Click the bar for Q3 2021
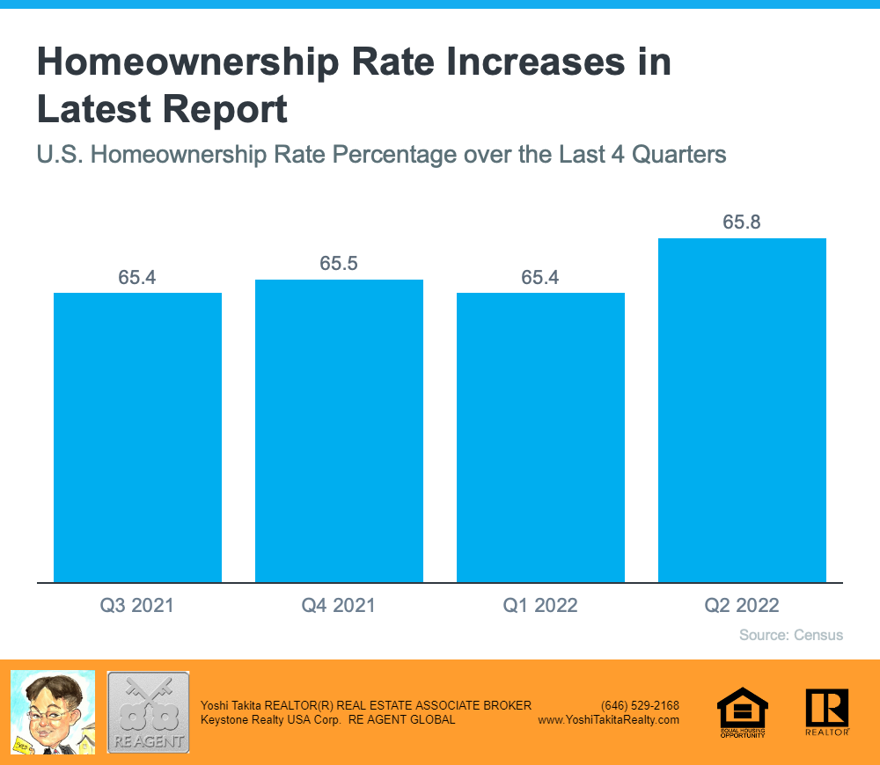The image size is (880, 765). pyautogui.click(x=137, y=437)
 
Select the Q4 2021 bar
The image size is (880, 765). pyautogui.click(x=339, y=431)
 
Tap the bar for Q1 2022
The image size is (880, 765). pyautogui.click(x=540, y=437)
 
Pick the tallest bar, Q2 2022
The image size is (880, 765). pyautogui.click(x=742, y=410)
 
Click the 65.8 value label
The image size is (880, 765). pyautogui.click(x=742, y=222)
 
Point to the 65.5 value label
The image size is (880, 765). pyautogui.click(x=339, y=264)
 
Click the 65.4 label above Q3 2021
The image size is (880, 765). pyautogui.click(x=137, y=278)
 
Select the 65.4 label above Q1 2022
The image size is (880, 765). pyautogui.click(x=540, y=278)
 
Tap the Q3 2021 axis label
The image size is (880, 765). pyautogui.click(x=137, y=605)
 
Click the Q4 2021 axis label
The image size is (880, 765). pyautogui.click(x=339, y=605)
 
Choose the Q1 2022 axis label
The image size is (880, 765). pyautogui.click(x=540, y=605)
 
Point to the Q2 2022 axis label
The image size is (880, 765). pyautogui.click(x=742, y=605)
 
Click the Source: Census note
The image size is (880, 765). pyautogui.click(x=791, y=635)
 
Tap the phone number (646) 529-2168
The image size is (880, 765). pyautogui.click(x=640, y=705)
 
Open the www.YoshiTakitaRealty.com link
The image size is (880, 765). pyautogui.click(x=608, y=719)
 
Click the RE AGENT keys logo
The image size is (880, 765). pyautogui.click(x=148, y=712)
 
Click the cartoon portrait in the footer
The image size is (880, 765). pyautogui.click(x=52, y=712)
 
